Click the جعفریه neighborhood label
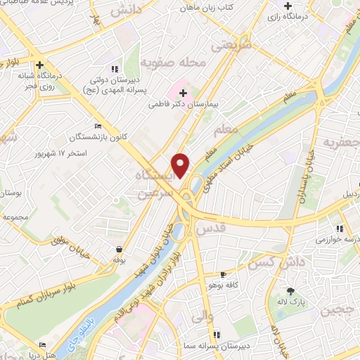click(x=342, y=143)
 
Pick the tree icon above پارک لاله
click(x=289, y=291)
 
